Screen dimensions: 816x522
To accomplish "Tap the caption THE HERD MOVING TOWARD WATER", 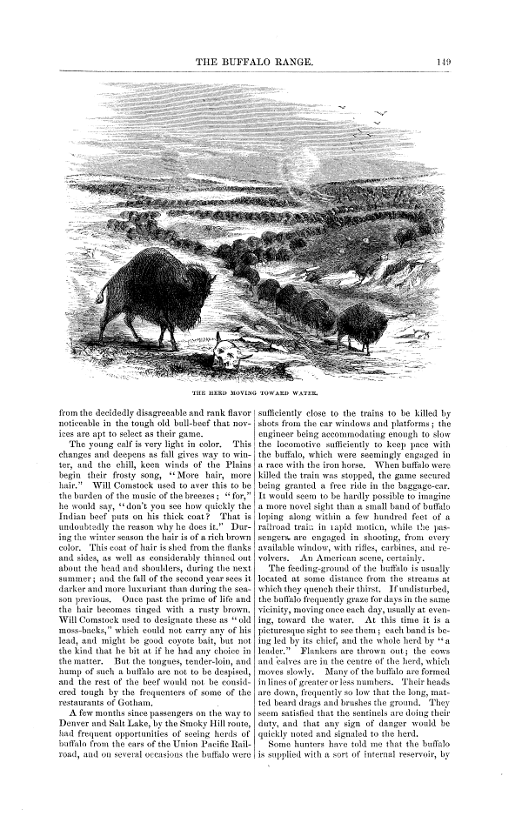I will pos(260,380).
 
